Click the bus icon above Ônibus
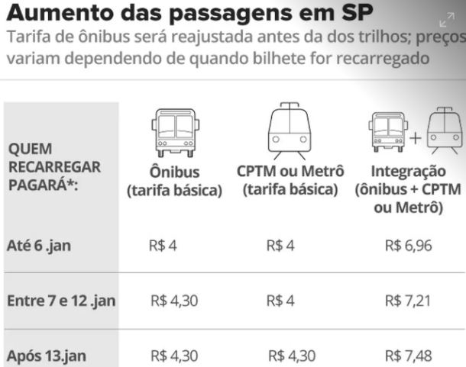coord(174,134)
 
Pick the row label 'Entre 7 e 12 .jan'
coord(60,300)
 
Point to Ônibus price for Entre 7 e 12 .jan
coord(174,300)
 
